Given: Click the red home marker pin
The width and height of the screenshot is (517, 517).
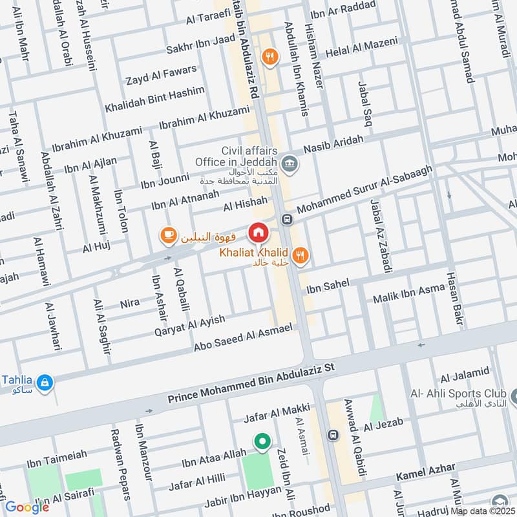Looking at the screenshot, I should [258, 232].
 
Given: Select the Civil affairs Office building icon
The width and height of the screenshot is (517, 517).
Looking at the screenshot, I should [290, 162].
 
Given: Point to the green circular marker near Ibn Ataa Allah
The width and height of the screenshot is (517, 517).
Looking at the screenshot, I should [262, 442].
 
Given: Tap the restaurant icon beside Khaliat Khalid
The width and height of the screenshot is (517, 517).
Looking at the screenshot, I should [299, 257].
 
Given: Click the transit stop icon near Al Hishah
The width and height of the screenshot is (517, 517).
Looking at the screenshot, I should [286, 219].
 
